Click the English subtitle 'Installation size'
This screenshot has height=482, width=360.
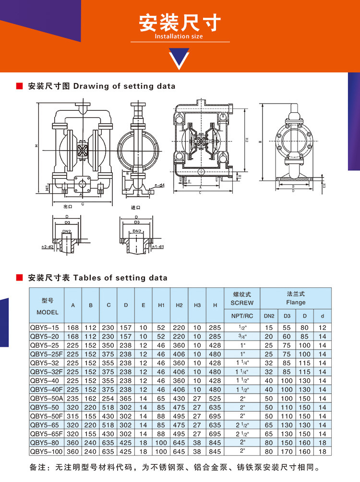click(179, 36)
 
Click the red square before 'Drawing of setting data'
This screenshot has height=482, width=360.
click(20, 86)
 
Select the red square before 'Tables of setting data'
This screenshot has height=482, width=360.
click(20, 278)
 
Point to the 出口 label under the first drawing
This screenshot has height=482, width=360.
click(68, 207)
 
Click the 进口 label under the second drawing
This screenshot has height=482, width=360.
click(136, 208)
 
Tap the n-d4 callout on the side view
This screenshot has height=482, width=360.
click(159, 185)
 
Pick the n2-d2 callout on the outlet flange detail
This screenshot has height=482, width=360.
click(47, 247)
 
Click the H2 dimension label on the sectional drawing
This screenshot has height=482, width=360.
click(246, 140)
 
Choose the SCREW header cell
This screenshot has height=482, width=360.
click(242, 303)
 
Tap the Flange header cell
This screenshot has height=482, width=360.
click(296, 303)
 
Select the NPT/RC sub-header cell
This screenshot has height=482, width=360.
click(242, 317)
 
